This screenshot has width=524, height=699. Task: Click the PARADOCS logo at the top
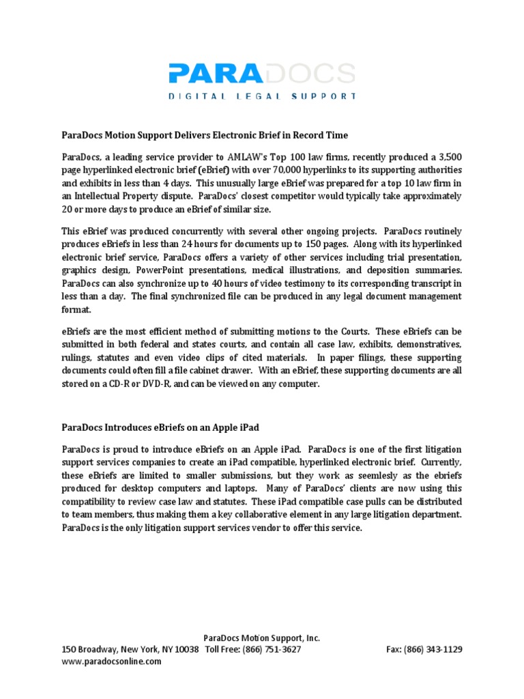pos(262,73)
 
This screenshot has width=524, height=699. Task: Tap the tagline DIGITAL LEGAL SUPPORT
pos(262,96)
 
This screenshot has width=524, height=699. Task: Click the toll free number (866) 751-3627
pos(273,649)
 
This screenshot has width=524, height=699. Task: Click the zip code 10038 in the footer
pos(187,649)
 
